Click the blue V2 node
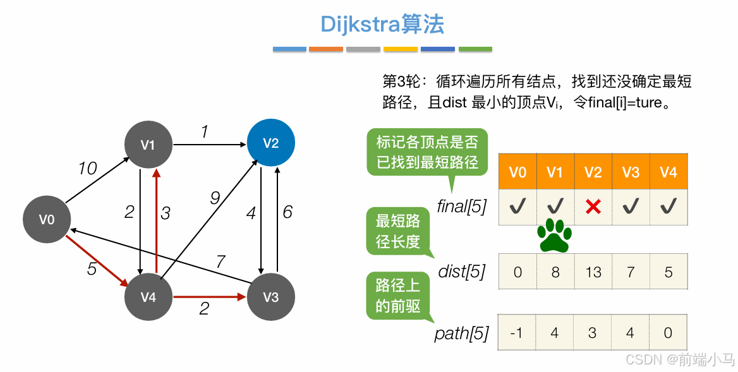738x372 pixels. coord(270,143)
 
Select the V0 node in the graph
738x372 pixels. coord(47,219)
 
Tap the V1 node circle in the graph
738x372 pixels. coord(148,145)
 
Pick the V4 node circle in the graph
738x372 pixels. coord(148,296)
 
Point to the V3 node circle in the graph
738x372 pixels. coord(270,296)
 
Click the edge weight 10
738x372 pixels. coord(87,169)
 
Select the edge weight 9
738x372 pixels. coord(214,198)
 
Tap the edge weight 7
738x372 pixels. coord(221,261)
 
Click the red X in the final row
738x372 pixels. coord(593,206)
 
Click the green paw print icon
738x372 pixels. coord(554,235)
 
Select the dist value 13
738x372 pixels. coord(593,272)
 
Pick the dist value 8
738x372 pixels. coord(555,272)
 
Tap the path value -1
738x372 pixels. coord(517,333)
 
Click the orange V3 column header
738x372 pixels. coord(631,172)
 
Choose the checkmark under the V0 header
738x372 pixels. coord(517,206)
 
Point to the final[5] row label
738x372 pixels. coord(461,207)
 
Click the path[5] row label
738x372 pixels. coord(461,333)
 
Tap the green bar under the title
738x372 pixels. coord(475,49)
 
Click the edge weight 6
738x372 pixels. coord(287,212)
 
